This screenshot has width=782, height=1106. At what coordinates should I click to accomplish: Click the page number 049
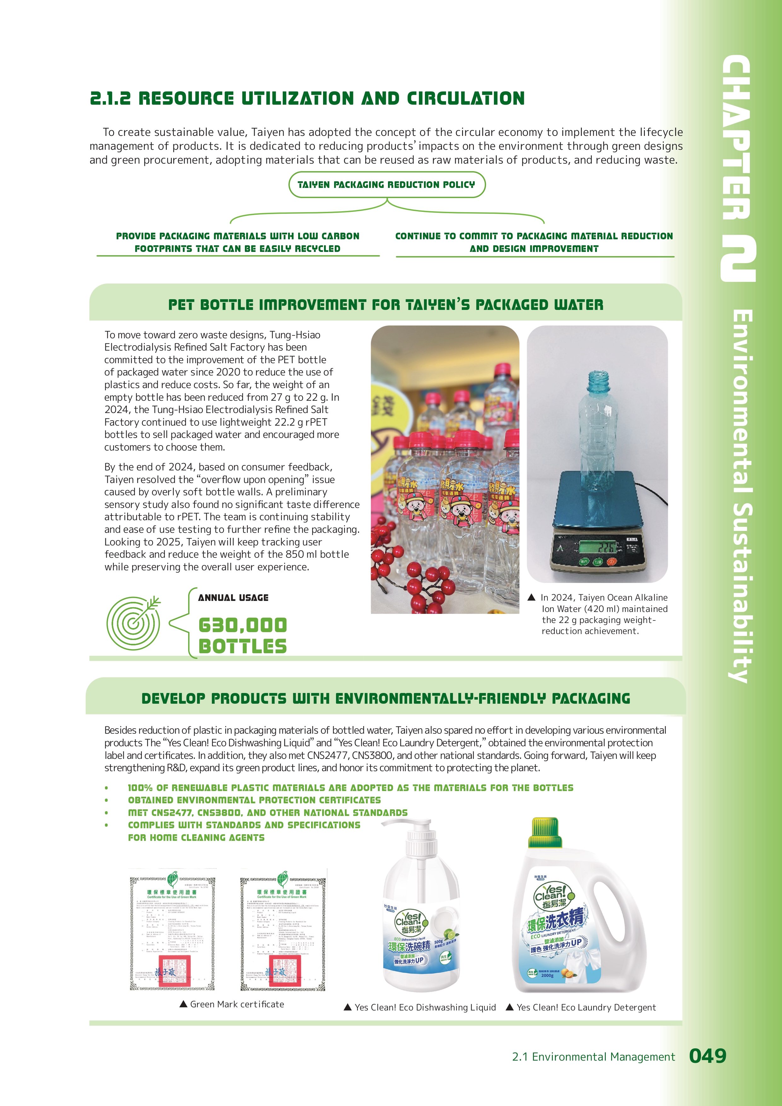pyautogui.click(x=707, y=1056)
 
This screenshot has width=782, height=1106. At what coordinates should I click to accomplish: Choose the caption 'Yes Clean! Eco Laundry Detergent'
pyautogui.click(x=581, y=1007)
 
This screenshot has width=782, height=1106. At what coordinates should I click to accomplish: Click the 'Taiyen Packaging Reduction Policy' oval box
pyautogui.click(x=387, y=184)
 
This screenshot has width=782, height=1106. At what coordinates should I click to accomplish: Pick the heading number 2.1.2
pyautogui.click(x=110, y=98)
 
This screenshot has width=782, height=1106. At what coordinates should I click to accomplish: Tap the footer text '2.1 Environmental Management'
pyautogui.click(x=593, y=1057)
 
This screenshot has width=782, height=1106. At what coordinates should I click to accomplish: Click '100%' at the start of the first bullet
pyautogui.click(x=140, y=788)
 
